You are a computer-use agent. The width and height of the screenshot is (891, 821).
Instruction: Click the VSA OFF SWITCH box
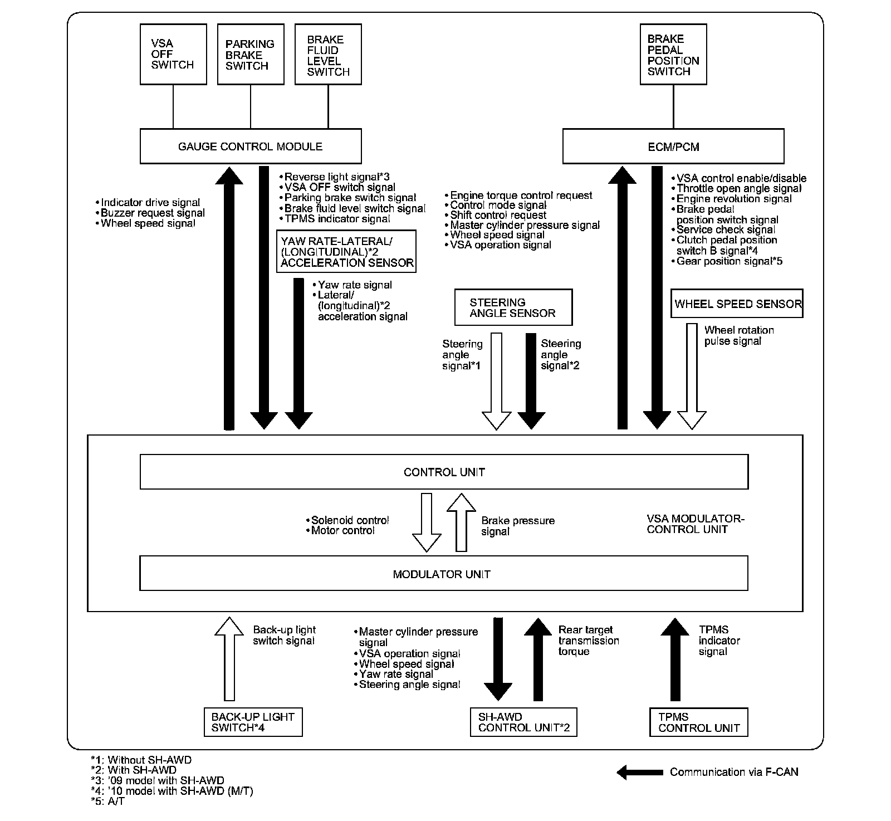(173, 54)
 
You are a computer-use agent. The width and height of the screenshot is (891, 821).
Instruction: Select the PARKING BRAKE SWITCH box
(250, 54)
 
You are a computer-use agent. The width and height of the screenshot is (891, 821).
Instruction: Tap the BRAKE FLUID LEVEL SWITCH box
(328, 54)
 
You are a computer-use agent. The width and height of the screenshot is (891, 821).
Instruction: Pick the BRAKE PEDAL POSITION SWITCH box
(673, 54)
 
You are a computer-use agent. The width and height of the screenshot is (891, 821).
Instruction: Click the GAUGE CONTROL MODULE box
(250, 146)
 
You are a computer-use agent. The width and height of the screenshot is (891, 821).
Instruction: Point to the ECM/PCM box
(673, 146)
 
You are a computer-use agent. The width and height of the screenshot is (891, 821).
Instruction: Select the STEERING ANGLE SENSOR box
(513, 307)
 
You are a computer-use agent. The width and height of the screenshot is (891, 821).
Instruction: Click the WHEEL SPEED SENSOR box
(736, 304)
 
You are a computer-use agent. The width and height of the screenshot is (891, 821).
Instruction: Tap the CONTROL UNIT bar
(444, 472)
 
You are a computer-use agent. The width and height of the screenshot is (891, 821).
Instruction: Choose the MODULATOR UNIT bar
(443, 574)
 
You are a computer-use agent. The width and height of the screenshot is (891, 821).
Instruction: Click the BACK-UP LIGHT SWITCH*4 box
(253, 722)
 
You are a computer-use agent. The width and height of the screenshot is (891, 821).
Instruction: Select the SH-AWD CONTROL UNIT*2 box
(523, 722)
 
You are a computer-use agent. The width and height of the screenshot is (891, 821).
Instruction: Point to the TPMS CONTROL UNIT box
(698, 722)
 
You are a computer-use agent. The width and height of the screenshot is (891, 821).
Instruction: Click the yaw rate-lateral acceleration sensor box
(346, 252)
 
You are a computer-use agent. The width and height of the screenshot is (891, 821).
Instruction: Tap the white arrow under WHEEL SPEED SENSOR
(692, 376)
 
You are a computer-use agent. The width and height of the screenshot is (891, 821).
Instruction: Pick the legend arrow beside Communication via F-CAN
(640, 772)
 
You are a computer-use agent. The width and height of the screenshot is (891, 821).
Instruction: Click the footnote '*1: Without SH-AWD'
(141, 760)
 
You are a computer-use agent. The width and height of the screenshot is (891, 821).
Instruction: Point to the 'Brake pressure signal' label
(517, 526)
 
